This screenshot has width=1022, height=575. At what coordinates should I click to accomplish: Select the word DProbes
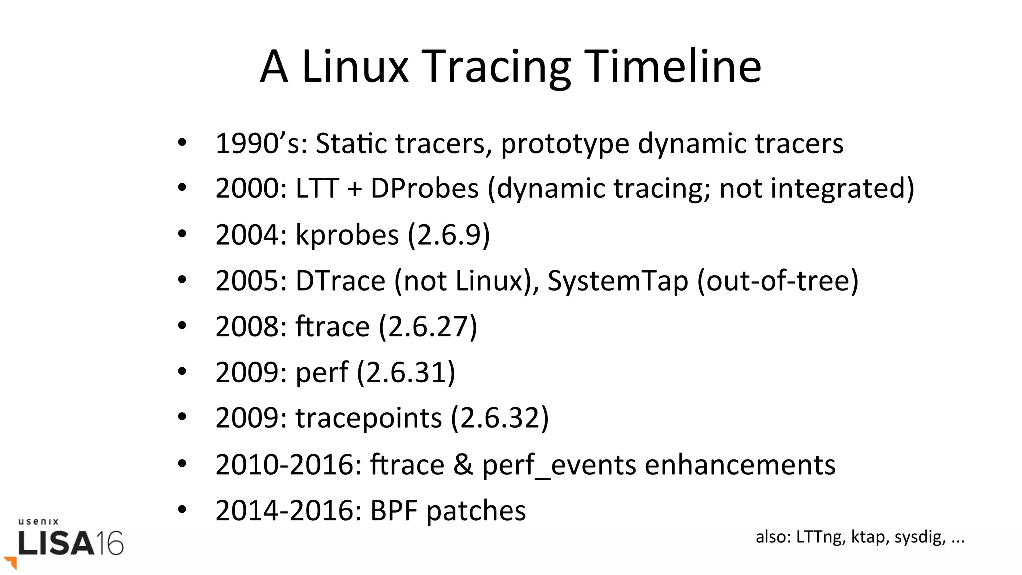click(x=424, y=189)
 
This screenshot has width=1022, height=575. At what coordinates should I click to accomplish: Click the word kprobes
click(x=347, y=234)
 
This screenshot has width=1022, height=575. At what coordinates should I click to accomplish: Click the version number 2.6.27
click(x=428, y=327)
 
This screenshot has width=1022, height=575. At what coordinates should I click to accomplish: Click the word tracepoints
click(x=368, y=418)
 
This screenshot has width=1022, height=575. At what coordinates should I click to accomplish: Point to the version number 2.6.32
click(x=500, y=418)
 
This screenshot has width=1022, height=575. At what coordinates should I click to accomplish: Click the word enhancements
click(x=740, y=465)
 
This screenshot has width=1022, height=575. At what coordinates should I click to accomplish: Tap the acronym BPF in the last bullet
click(x=393, y=511)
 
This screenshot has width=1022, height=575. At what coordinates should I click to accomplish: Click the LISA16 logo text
click(x=70, y=543)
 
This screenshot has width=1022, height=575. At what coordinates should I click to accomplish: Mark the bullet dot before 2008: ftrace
click(x=182, y=326)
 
